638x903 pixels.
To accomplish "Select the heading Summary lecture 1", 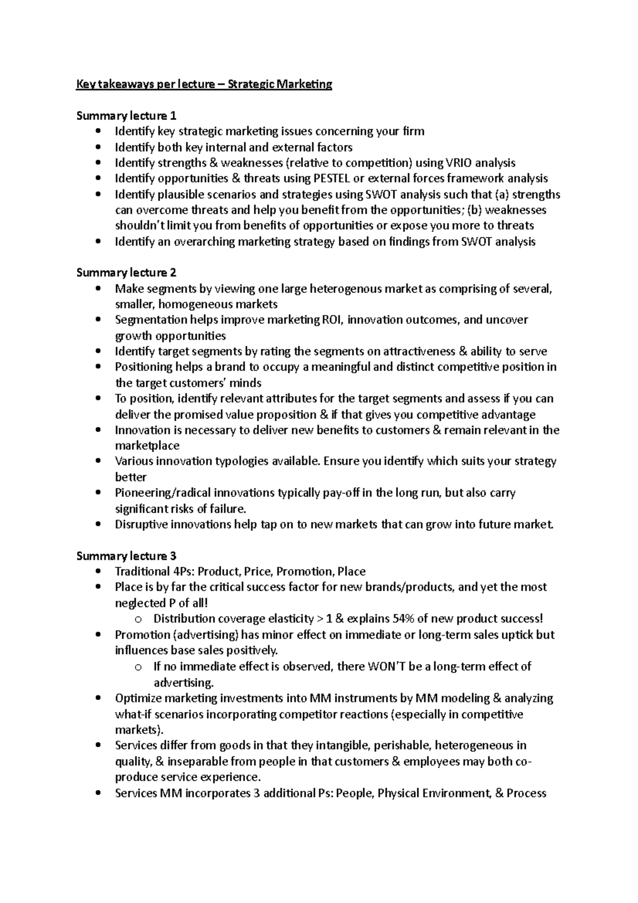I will coord(127,115).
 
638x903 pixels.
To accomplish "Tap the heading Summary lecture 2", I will coord(127,273).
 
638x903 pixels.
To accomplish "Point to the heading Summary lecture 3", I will coord(127,556).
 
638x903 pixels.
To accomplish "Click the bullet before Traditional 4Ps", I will coord(96,572).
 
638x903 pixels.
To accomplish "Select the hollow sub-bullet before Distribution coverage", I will coord(138,620).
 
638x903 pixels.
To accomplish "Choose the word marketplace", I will coord(147,446).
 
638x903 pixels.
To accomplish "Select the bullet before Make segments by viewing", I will coord(96,289).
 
